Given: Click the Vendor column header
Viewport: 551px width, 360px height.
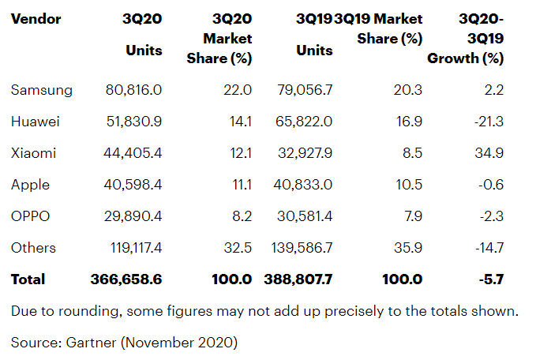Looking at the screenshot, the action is (36, 19).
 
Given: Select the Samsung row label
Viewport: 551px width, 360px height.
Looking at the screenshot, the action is (42, 90).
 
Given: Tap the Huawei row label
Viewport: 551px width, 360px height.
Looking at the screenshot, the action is (36, 122).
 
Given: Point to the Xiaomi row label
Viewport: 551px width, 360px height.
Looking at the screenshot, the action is (33, 153).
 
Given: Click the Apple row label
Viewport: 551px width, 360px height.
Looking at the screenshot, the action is (30, 185).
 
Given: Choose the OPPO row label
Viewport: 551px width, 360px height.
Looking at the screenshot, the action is (30, 216).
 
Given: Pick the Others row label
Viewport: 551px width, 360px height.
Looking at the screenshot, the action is (33, 248).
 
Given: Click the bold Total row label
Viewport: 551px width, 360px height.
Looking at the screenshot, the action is (28, 279).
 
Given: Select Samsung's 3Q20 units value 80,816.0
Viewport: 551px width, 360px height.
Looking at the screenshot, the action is (133, 90).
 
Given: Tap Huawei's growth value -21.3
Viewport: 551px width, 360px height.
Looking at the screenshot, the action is (489, 122).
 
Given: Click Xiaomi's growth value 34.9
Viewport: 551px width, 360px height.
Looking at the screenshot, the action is (489, 153).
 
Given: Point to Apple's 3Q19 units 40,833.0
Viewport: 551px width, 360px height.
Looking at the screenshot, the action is (303, 185).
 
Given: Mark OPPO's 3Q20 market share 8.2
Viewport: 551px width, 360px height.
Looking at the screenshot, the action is (242, 216).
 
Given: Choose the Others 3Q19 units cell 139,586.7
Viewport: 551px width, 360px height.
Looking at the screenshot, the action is (302, 248).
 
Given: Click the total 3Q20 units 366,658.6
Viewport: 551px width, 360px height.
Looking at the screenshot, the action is (126, 279).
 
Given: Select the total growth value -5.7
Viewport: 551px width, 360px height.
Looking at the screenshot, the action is (491, 279).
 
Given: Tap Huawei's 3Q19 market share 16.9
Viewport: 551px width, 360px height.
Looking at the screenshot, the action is (409, 122).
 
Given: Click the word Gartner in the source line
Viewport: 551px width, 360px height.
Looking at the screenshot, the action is (91, 343).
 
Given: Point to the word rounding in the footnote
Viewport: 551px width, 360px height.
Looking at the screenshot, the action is (89, 312).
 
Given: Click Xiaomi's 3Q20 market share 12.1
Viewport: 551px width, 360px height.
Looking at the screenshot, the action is (241, 153).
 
